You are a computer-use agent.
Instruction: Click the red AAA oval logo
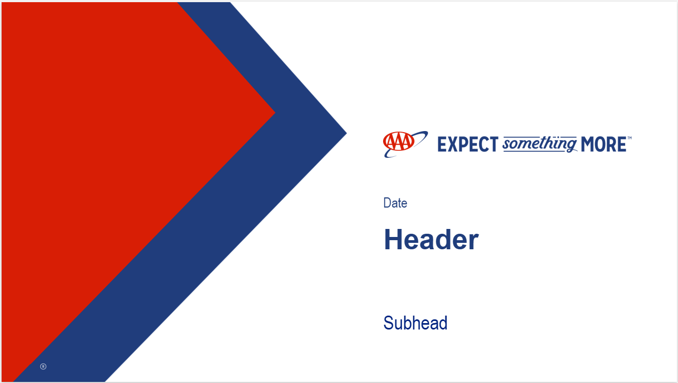tap(399, 141)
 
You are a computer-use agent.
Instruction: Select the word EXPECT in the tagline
tap(468, 144)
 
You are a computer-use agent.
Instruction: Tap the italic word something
tap(540, 144)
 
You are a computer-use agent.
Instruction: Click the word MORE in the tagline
tap(604, 144)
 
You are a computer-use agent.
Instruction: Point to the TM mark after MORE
tap(629, 138)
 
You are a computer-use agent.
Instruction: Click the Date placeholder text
tap(395, 203)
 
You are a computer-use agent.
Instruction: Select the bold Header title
tap(431, 240)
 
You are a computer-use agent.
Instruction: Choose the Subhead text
tap(415, 323)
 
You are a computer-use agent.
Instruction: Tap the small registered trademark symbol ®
tap(43, 366)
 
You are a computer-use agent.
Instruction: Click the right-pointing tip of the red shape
tap(275, 113)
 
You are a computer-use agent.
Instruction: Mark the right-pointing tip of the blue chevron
tap(346, 133)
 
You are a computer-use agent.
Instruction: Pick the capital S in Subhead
tap(388, 323)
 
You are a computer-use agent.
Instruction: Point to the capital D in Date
tap(388, 203)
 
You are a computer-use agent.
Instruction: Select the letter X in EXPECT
tap(453, 144)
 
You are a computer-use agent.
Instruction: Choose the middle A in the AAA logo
tap(399, 142)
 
